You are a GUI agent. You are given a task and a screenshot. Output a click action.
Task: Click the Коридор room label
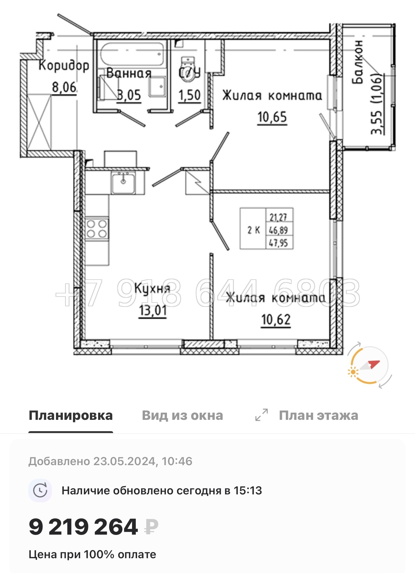tap(64, 65)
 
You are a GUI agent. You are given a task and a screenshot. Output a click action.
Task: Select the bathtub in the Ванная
tap(132, 54)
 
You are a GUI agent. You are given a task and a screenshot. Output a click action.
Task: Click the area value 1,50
tap(189, 95)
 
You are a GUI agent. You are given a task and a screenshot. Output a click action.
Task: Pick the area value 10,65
tap(272, 117)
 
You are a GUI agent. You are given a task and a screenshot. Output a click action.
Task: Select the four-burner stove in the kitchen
tap(97, 229)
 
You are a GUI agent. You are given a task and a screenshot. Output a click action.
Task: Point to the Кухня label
tap(152, 288)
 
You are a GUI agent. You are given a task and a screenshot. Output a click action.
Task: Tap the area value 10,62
tap(276, 320)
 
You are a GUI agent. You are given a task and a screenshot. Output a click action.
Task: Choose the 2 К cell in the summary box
tap(253, 230)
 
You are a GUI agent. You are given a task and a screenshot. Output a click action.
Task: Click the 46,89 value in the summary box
tap(279, 230)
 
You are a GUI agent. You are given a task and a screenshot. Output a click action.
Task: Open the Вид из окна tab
tap(182, 415)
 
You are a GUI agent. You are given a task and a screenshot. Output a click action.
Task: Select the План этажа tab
tap(318, 415)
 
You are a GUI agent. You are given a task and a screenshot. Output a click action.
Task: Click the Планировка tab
tap(71, 415)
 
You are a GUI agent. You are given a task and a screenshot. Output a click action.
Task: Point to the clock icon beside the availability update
tap(40, 490)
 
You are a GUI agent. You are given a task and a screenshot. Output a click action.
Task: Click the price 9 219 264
tap(83, 527)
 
